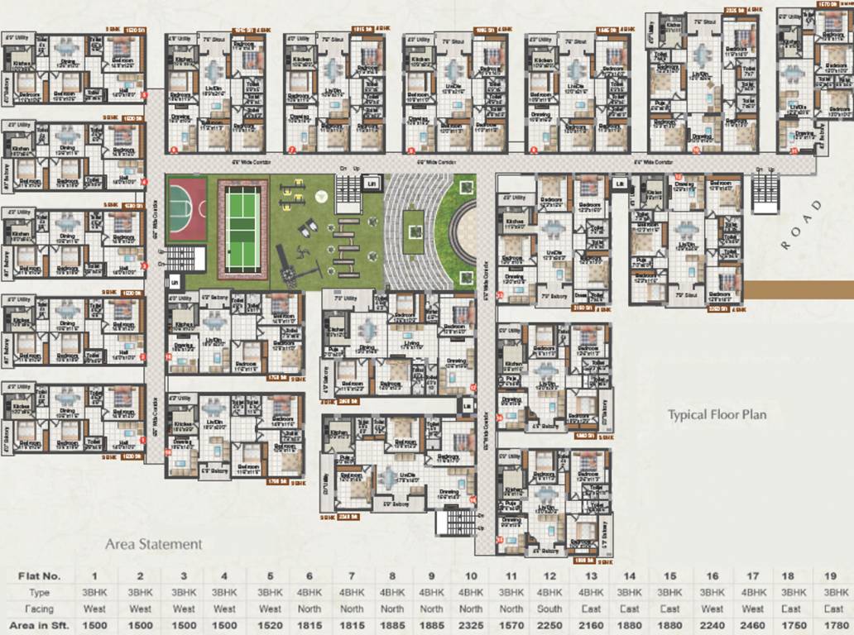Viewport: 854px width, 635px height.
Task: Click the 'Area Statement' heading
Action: [x=153, y=544]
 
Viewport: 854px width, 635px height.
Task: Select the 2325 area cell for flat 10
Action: [x=470, y=626]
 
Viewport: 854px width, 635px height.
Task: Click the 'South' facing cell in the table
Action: [x=549, y=609]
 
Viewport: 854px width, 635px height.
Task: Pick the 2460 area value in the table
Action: [x=751, y=626]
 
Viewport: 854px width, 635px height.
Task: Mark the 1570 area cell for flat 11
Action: [x=511, y=626]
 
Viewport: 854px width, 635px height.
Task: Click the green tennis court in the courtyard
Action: [x=243, y=226]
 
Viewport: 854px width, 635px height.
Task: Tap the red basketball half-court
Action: [x=187, y=208]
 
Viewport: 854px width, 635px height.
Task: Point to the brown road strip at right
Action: [x=799, y=289]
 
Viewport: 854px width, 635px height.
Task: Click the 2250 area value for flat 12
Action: [x=549, y=626]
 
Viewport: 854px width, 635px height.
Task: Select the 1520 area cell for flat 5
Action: [x=269, y=626]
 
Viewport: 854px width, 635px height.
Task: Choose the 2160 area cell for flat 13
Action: [x=590, y=626]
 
